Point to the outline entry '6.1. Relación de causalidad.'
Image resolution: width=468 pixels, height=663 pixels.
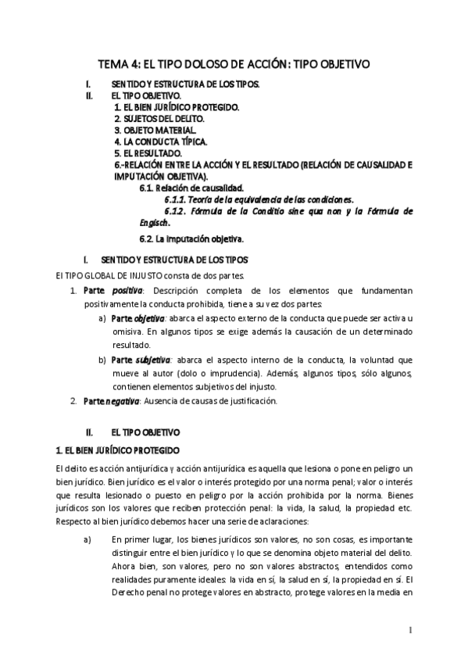(x=191, y=188)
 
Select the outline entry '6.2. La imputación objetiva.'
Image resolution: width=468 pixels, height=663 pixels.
(x=191, y=238)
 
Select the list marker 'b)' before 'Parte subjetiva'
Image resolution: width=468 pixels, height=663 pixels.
(x=102, y=360)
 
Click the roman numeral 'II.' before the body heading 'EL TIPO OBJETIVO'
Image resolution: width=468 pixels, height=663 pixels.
(x=90, y=431)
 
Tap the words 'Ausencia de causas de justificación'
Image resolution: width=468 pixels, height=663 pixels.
(x=209, y=401)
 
